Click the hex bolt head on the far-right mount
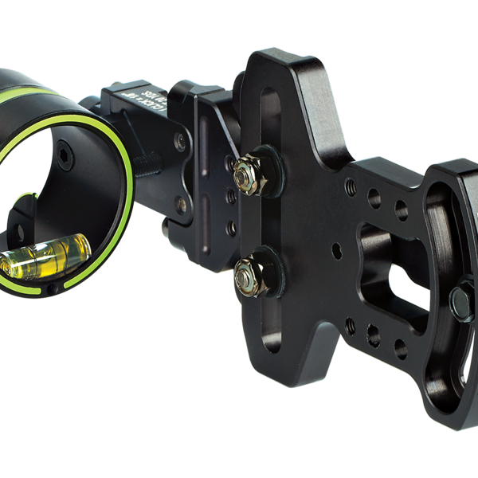coord(460,300)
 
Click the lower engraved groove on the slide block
coord(204,226)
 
